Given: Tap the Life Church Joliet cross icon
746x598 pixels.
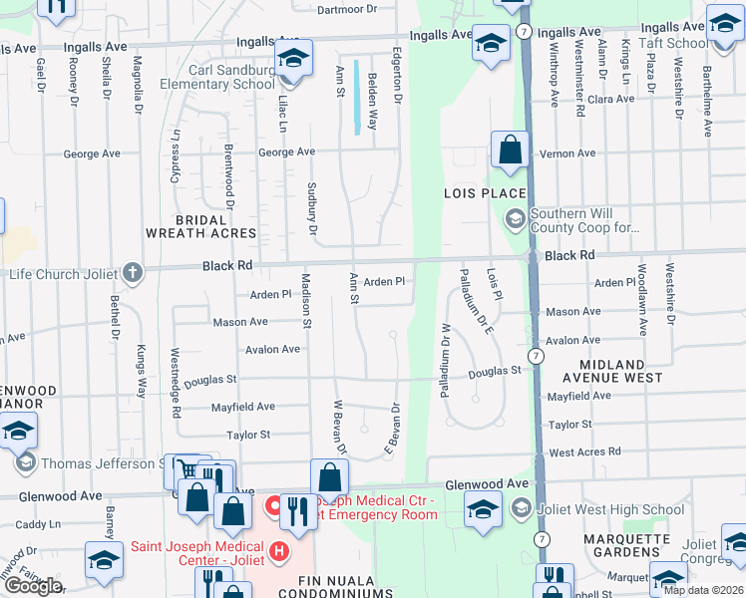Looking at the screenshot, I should (x=132, y=272).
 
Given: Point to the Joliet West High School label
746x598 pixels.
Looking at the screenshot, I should (x=608, y=510).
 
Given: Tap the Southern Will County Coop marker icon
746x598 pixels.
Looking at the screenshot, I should (x=516, y=217).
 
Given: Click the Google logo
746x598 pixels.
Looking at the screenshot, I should (x=32, y=586).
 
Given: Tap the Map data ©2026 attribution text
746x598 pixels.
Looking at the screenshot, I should (x=702, y=590).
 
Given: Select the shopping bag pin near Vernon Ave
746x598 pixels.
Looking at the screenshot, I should (x=510, y=150).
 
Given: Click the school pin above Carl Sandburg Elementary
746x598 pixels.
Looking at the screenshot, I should (x=293, y=58).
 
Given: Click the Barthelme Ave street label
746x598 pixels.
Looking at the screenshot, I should (x=707, y=101).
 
